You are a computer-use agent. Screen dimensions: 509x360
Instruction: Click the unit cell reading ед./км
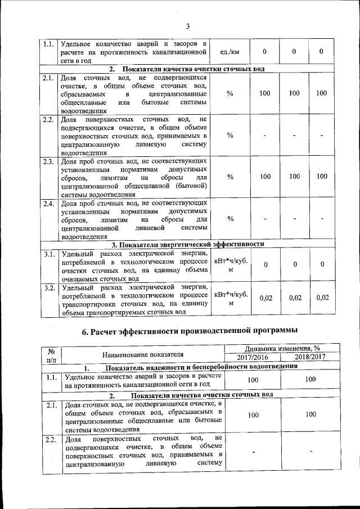[x=227, y=52]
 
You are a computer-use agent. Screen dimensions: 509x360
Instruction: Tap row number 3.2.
[x=48, y=288]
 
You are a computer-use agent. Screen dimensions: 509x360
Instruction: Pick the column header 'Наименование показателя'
[x=143, y=354]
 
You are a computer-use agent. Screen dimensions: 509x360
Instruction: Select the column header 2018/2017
[x=310, y=358]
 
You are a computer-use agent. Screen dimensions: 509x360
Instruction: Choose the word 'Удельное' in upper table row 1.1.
[x=77, y=43]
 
